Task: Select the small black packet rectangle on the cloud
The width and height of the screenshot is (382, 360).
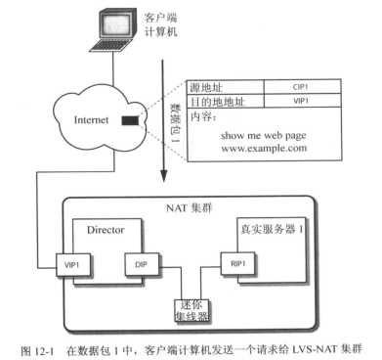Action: (127, 121)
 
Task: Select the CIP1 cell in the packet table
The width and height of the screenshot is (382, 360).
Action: (301, 86)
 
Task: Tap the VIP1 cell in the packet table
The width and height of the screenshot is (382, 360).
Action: (301, 100)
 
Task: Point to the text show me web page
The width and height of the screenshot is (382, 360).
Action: (263, 134)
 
